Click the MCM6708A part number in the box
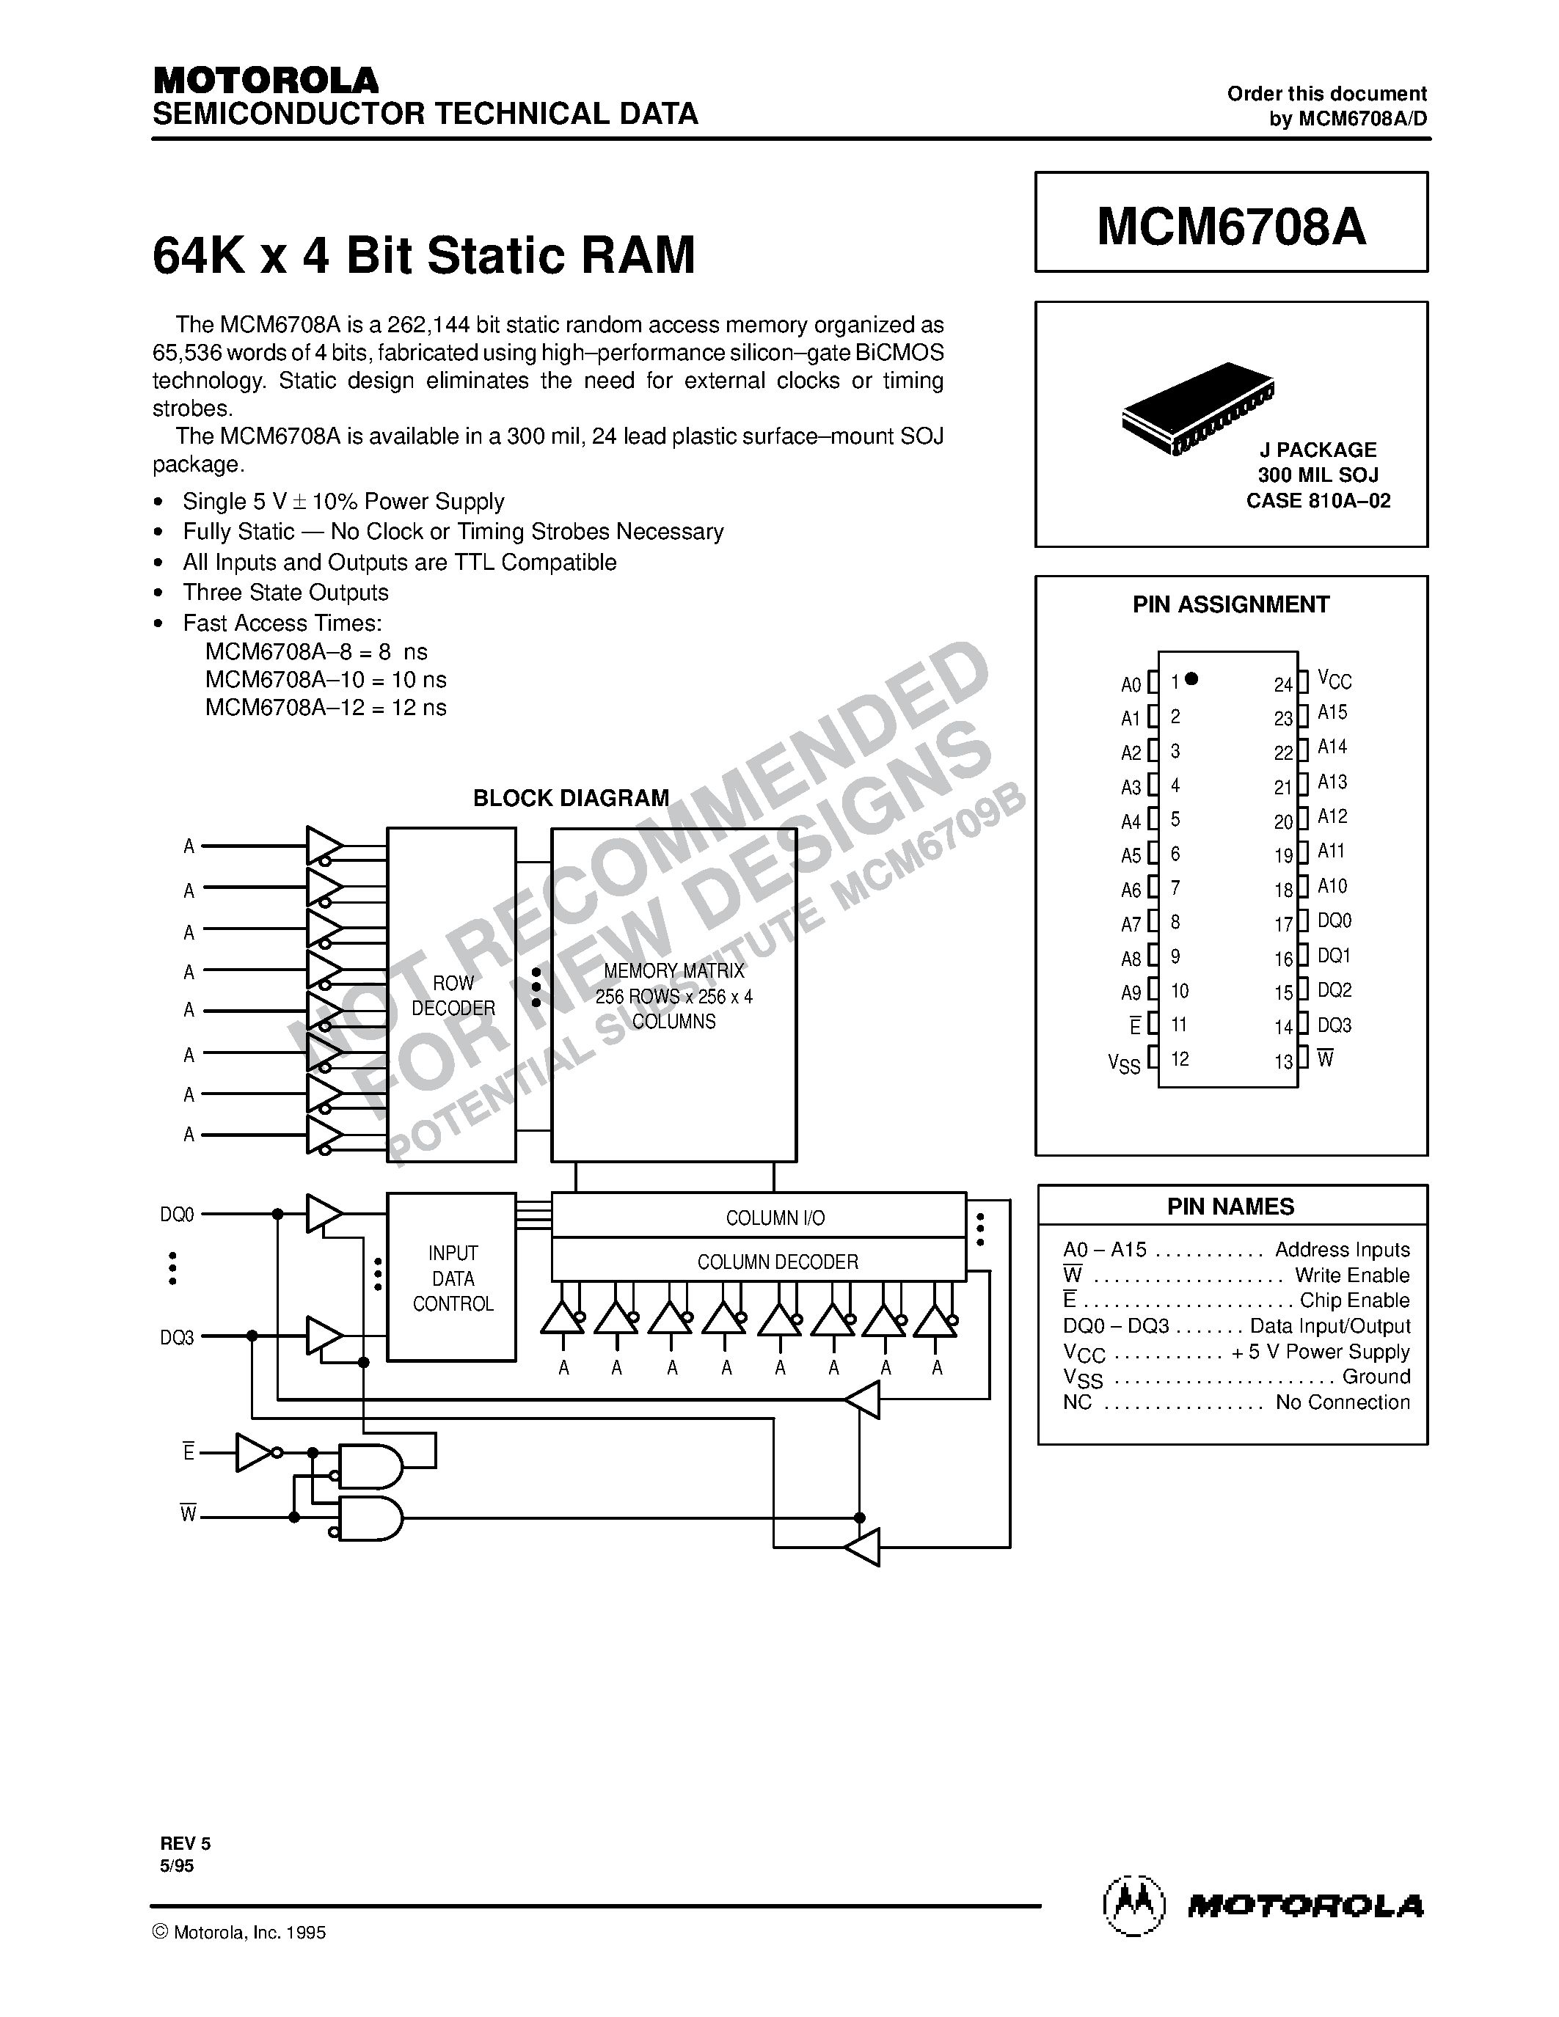(1231, 226)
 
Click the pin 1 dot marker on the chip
(1191, 678)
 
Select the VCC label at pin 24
(1335, 681)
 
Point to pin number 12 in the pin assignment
(1180, 1059)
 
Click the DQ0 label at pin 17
(1335, 920)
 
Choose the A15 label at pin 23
(1333, 713)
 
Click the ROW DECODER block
(452, 995)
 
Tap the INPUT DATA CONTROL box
(452, 1278)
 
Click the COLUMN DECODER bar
(777, 1262)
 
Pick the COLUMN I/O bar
(775, 1218)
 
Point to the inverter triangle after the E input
(253, 1453)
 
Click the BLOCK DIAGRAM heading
(571, 799)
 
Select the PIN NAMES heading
(1231, 1207)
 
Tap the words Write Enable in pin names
(1352, 1275)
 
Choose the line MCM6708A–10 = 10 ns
(326, 680)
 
